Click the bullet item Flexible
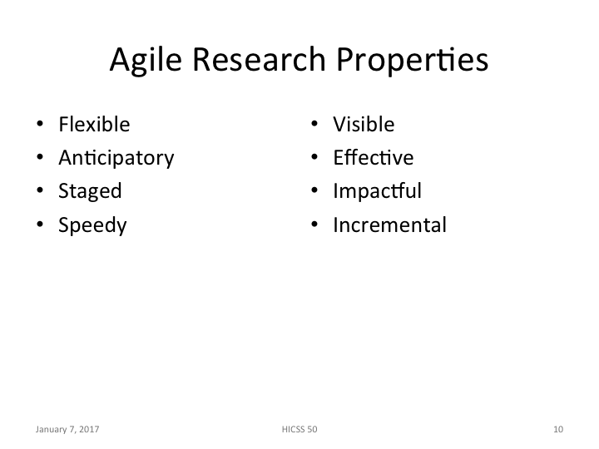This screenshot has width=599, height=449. pyautogui.click(x=94, y=125)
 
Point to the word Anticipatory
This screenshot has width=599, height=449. pyautogui.click(x=116, y=158)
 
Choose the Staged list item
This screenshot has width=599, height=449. pyautogui.click(x=90, y=191)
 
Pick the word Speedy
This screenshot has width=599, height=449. pyautogui.click(x=92, y=225)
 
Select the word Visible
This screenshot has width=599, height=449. pyautogui.click(x=364, y=125)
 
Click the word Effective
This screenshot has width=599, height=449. pyautogui.click(x=373, y=158)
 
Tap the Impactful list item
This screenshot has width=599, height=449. pyautogui.click(x=377, y=191)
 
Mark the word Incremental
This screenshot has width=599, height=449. pyautogui.click(x=389, y=224)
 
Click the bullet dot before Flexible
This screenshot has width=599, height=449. pyautogui.click(x=40, y=126)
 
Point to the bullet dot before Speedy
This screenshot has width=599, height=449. pyautogui.click(x=40, y=225)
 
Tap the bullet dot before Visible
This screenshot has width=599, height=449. pyautogui.click(x=315, y=126)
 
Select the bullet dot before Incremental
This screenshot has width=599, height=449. pyautogui.click(x=315, y=225)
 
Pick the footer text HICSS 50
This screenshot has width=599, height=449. pyautogui.click(x=299, y=430)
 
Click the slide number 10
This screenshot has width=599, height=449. pyautogui.click(x=557, y=430)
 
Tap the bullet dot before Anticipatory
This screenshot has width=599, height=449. pyautogui.click(x=40, y=159)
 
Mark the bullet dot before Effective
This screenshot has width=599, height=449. pyautogui.click(x=315, y=159)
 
